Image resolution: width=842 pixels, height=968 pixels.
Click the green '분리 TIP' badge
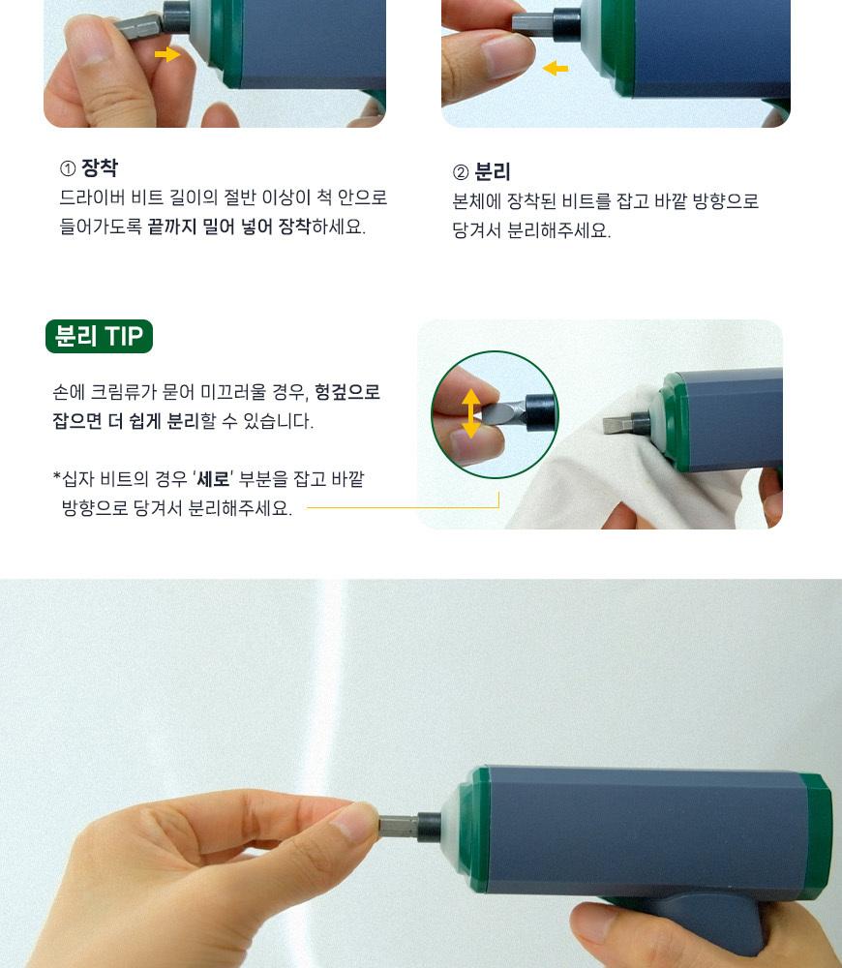click(x=99, y=337)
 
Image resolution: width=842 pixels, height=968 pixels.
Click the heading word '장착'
click(x=100, y=167)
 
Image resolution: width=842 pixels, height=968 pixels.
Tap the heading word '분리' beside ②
click(x=493, y=171)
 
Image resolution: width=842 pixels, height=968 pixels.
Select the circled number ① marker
click(x=68, y=167)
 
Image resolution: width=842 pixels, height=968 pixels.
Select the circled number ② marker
click(x=461, y=172)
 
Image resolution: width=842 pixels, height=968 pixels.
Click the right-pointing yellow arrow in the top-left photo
click(x=166, y=54)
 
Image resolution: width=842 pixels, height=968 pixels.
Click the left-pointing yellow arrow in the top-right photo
click(x=555, y=68)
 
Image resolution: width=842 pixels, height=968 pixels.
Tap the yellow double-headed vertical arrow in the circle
click(x=471, y=413)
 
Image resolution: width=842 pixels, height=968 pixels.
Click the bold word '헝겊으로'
click(x=346, y=392)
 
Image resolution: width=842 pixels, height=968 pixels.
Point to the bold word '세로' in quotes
click(x=213, y=478)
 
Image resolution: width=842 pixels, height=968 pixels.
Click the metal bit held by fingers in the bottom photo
click(x=398, y=826)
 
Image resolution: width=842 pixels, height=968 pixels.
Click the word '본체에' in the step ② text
click(x=476, y=201)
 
